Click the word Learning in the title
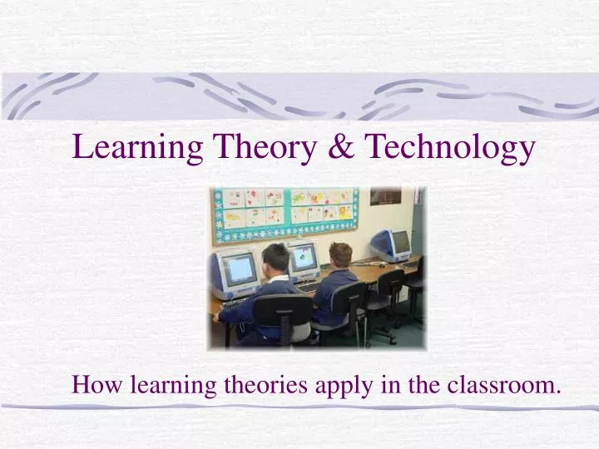138,148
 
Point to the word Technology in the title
450,148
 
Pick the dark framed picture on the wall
385,196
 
